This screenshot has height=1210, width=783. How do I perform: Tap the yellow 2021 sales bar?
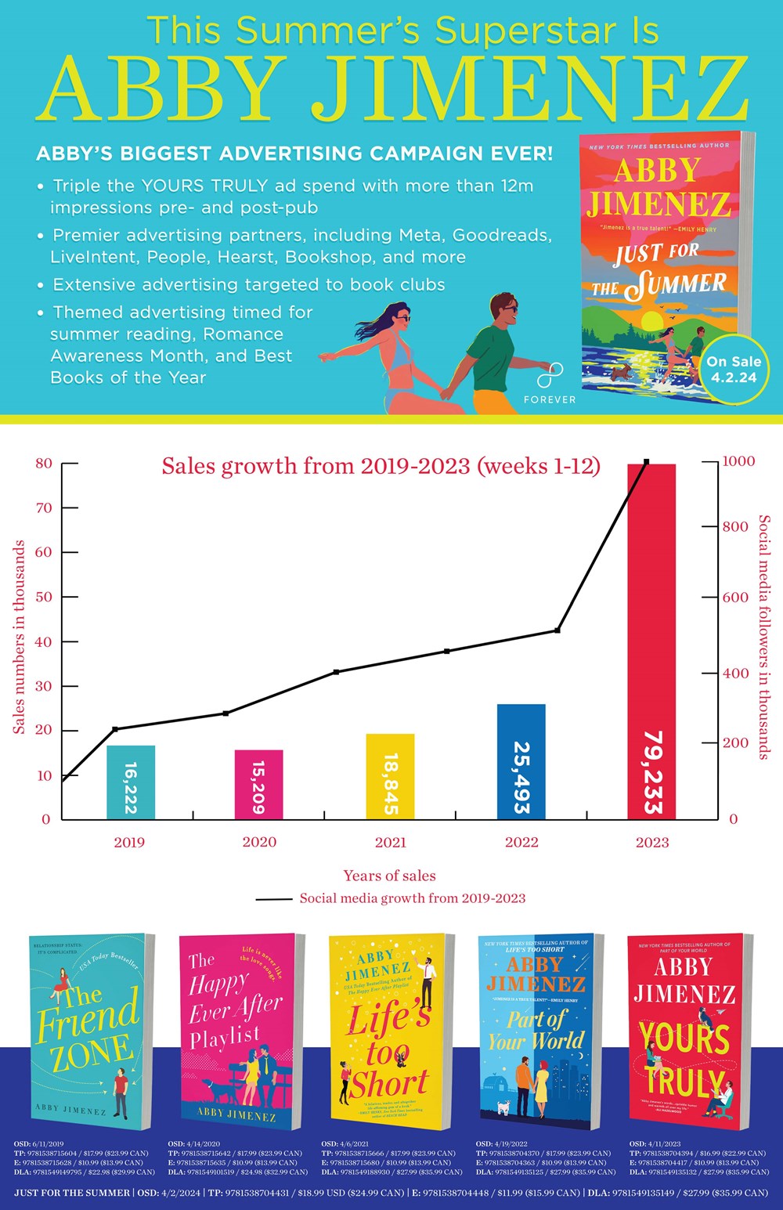[x=390, y=775]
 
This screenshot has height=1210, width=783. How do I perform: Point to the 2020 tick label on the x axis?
[x=259, y=842]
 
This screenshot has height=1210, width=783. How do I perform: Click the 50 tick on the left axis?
[x=43, y=597]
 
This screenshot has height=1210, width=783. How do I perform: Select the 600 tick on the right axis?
[x=735, y=598]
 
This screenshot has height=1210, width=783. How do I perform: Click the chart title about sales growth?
[x=381, y=467]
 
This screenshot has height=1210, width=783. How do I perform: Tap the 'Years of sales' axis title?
[x=389, y=876]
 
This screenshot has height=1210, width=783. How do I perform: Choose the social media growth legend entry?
[x=391, y=898]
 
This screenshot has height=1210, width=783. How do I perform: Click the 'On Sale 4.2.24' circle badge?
[x=734, y=369]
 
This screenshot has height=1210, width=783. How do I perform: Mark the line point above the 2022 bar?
[x=557, y=630]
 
